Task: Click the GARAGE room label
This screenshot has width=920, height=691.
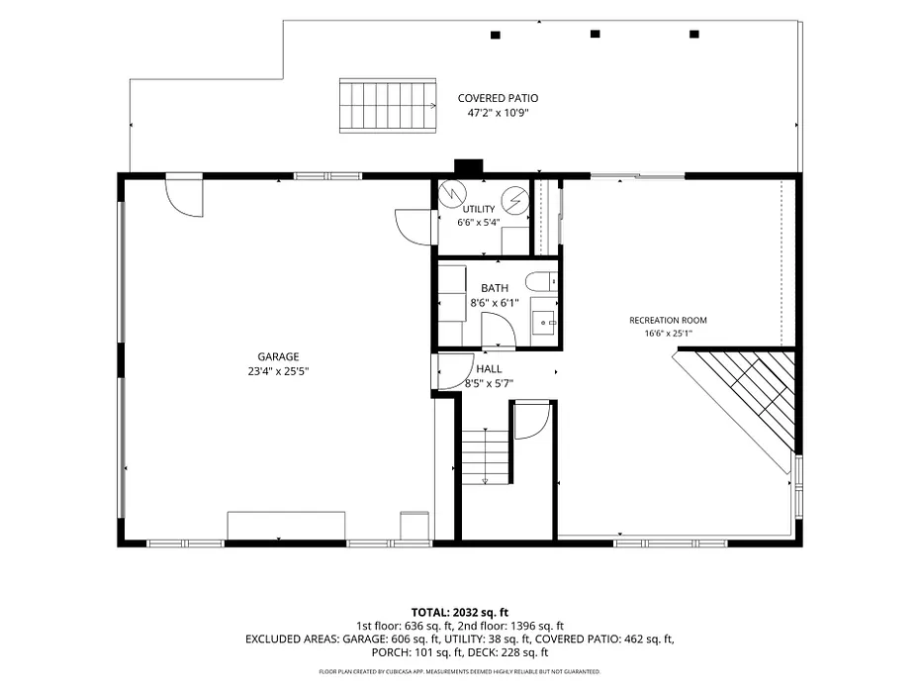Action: pos(278,356)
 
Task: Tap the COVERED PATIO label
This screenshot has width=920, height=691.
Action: pos(498,98)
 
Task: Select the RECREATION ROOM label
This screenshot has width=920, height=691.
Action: pos(668,320)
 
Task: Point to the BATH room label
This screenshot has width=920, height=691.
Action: pos(495,288)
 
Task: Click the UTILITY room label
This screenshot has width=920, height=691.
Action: pos(479,209)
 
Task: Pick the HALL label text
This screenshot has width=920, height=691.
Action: pos(489,368)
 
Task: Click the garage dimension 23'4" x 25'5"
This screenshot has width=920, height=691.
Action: pos(278,371)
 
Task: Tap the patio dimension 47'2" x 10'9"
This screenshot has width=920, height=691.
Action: pos(498,113)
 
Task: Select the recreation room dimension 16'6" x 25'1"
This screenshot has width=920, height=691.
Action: pos(668,334)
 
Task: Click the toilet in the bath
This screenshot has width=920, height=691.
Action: pos(541,282)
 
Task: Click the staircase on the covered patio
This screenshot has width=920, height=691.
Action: pos(388,106)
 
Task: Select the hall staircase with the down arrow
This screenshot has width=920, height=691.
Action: pos(485,456)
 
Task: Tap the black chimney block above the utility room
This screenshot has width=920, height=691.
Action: pos(469,167)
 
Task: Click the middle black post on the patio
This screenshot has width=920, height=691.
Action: pos(595,34)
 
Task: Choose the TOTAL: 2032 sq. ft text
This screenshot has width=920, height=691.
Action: pos(459,613)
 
